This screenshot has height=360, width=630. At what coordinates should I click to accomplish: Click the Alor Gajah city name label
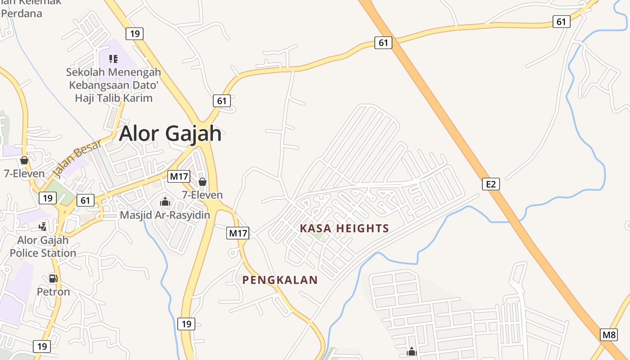click(x=171, y=134)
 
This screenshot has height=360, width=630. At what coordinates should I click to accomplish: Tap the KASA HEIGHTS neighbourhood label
click(x=344, y=229)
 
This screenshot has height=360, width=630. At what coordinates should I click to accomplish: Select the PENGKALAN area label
click(x=280, y=280)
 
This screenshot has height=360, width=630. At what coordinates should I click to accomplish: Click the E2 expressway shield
click(x=491, y=184)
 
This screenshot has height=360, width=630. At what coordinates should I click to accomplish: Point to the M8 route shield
click(x=609, y=335)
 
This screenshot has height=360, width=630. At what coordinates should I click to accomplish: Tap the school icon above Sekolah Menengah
click(x=113, y=58)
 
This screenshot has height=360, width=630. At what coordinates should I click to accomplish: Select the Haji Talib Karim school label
click(x=113, y=98)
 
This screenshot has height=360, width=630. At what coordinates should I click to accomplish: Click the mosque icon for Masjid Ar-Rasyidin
click(x=165, y=201)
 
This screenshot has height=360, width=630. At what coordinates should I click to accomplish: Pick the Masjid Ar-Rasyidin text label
click(x=165, y=215)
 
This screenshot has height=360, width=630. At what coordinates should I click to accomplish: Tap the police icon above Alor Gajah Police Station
click(x=42, y=226)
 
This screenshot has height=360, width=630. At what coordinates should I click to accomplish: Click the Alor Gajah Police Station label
click(x=43, y=247)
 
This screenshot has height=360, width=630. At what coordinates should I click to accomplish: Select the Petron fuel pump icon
click(x=53, y=278)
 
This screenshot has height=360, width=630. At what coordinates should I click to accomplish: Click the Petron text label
click(x=53, y=292)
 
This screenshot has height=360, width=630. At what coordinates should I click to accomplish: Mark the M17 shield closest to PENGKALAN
click(x=238, y=233)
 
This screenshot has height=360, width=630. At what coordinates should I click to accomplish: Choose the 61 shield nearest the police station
click(x=85, y=200)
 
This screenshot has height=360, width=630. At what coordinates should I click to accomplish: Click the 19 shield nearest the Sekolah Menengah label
click(x=134, y=33)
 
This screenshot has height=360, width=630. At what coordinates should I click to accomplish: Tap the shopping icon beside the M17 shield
click(x=202, y=181)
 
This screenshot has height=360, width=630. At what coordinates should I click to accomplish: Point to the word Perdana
click(x=22, y=13)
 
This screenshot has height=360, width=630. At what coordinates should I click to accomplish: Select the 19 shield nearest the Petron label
click(x=42, y=346)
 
